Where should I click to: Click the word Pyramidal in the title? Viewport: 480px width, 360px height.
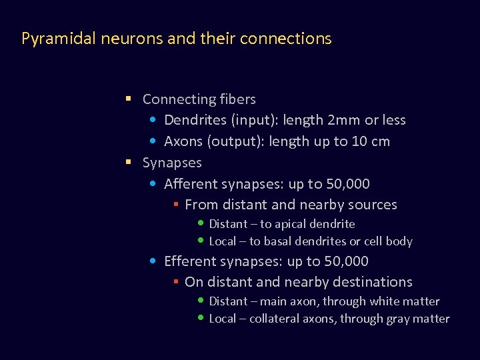click(x=59, y=39)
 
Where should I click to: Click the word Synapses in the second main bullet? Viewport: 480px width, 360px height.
click(x=172, y=163)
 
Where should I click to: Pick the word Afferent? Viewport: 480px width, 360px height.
click(x=191, y=184)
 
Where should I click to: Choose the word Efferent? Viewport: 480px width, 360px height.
click(x=190, y=261)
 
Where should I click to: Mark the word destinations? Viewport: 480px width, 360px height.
click(x=375, y=282)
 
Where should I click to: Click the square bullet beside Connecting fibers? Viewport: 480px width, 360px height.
click(x=128, y=99)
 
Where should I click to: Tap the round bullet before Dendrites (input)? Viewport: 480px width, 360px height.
click(x=153, y=121)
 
